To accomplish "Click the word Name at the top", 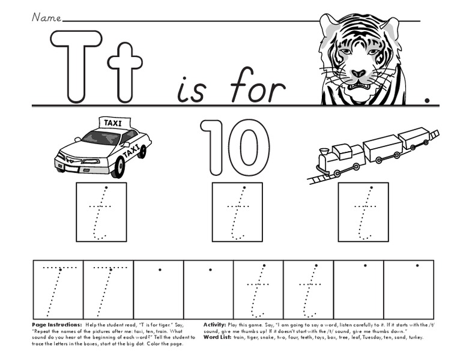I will [46, 17].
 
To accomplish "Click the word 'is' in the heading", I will [192, 90].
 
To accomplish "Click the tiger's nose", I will [359, 74].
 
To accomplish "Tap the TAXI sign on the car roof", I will [112, 123].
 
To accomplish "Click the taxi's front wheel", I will [118, 166].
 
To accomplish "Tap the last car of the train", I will [414, 139].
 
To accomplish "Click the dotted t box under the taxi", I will [101, 212].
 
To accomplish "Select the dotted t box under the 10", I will [237, 212].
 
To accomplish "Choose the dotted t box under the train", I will [363, 212].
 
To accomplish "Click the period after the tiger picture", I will [427, 100].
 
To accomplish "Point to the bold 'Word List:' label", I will [217, 337].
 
